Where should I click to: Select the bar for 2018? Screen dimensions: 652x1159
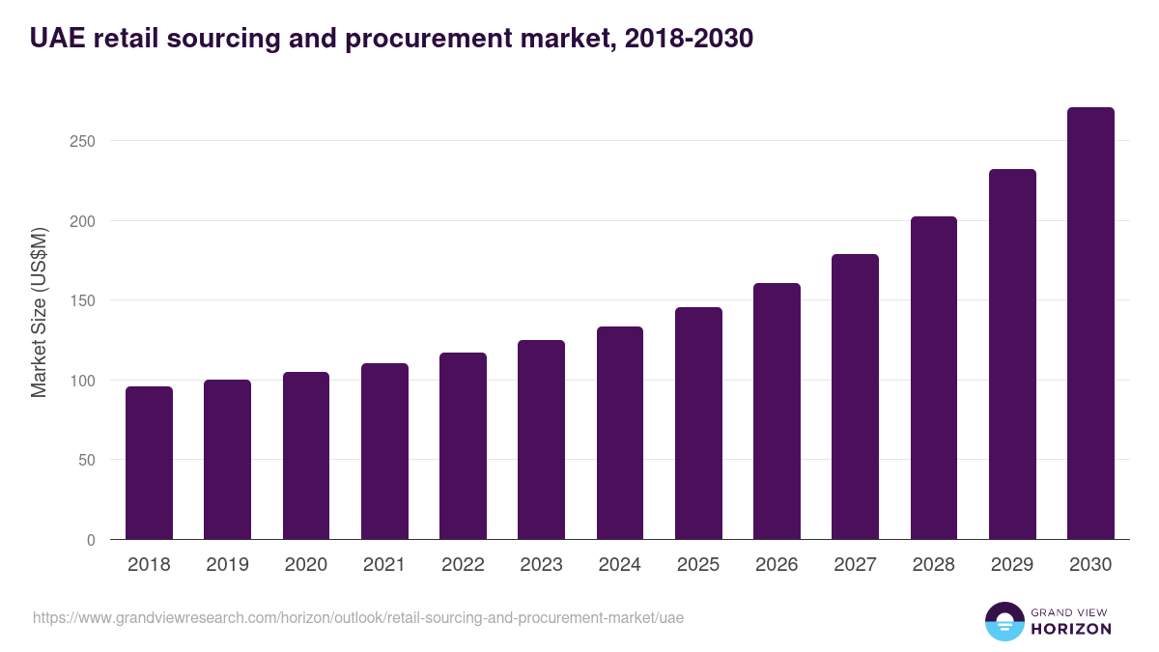(149, 463)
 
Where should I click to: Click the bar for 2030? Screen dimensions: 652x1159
(1090, 324)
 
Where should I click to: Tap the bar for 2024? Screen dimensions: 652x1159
(620, 433)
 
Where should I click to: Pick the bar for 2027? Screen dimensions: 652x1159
(855, 397)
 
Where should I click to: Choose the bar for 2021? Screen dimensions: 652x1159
(384, 451)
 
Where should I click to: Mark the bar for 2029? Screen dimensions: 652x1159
(1012, 354)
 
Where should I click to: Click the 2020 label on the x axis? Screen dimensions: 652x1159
(306, 565)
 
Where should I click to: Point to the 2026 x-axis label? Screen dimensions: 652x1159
(777, 565)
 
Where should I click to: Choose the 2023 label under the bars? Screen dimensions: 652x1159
(541, 565)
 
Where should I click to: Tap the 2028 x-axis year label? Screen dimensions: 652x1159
(934, 565)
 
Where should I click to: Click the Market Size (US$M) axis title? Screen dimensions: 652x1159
(39, 313)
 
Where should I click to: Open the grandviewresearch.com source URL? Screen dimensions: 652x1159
(358, 617)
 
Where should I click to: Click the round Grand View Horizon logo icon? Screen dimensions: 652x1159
(1004, 621)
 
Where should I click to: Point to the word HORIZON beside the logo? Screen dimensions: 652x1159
(1070, 629)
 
